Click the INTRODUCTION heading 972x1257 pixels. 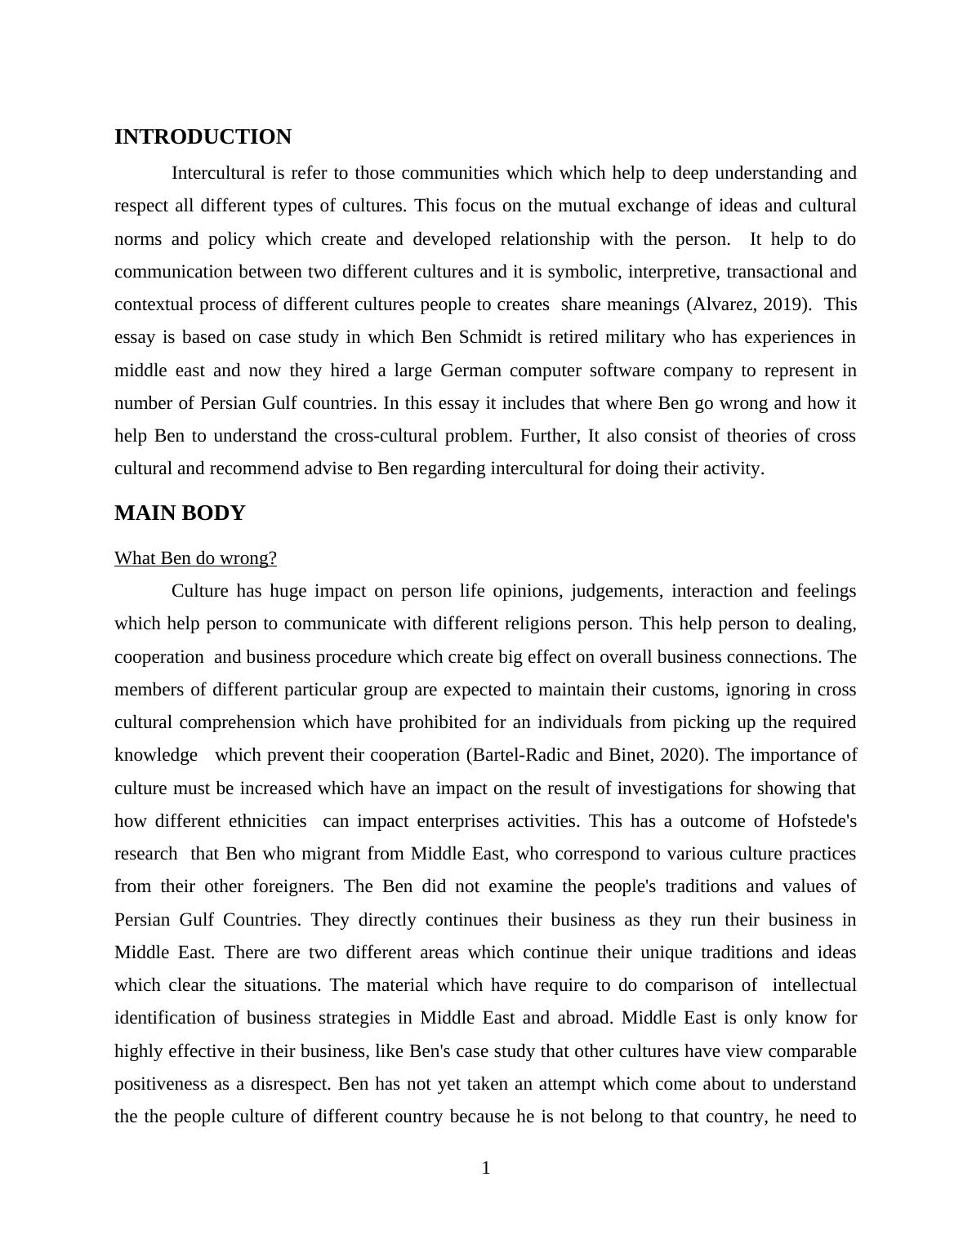click(203, 137)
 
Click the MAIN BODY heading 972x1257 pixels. click(180, 513)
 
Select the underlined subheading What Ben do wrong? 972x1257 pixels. click(195, 558)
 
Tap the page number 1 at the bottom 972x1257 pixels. click(486, 1169)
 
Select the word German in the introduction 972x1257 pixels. click(470, 371)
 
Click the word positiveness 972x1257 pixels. click(168, 1084)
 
